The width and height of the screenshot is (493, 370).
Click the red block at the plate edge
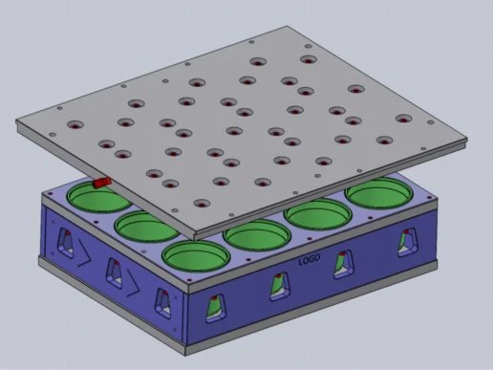pos(101,183)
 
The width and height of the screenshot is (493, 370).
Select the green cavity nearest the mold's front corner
pos(196,256)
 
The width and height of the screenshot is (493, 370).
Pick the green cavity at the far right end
pos(379,193)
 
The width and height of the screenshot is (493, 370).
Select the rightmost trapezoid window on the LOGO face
pos(408,242)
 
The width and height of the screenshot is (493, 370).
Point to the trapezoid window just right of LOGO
pos(343,264)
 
